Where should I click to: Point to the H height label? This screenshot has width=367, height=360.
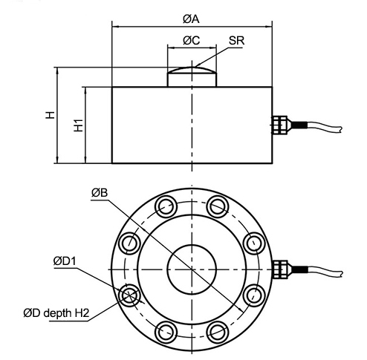pyautogui.click(x=49, y=115)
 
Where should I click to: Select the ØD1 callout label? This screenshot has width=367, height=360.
pyautogui.click(x=65, y=261)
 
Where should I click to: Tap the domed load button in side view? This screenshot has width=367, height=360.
pyautogui.click(x=192, y=76)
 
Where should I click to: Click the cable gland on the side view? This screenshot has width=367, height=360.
pyautogui.click(x=282, y=124)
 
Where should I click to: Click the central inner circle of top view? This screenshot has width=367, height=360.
pyautogui.click(x=192, y=267)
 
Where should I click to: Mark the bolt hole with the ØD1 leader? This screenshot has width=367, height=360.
pyautogui.click(x=129, y=293)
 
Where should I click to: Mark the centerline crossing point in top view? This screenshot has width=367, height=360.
pyautogui.click(x=192, y=267)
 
